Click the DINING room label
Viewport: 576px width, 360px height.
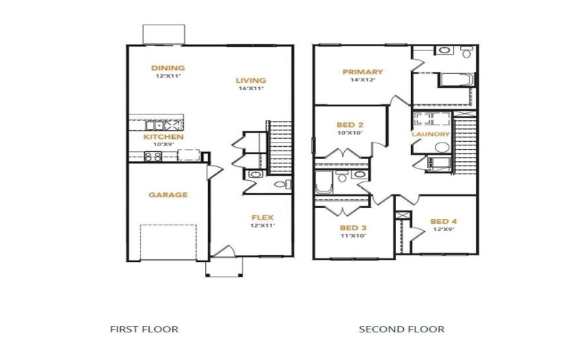167,68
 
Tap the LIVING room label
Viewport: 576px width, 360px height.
251,80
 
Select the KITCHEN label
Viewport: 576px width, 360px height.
163,137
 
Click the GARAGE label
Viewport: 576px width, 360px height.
168,194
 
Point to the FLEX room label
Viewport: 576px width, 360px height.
262,217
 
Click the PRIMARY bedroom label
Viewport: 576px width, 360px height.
363,72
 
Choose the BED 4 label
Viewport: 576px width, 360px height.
444,221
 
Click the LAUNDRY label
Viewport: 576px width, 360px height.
431,135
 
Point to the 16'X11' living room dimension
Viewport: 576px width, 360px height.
251,89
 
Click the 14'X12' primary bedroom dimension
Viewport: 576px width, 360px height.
363,81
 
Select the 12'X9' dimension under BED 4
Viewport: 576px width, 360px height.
444,230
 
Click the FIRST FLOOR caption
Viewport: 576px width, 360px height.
144,329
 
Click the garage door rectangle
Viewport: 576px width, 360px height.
168,241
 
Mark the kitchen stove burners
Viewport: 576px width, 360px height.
153,156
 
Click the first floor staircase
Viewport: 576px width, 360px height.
279,148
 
